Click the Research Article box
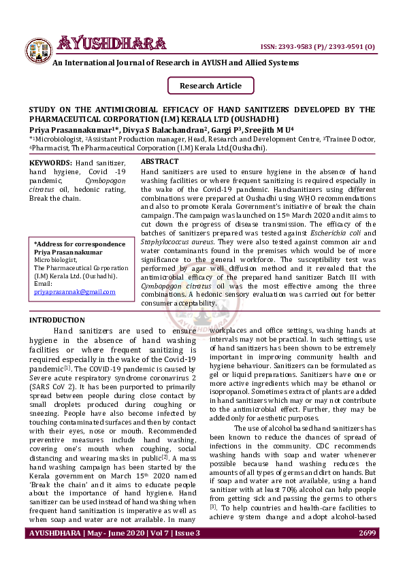(x=210, y=86)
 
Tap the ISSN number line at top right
(x=318, y=46)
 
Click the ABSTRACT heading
(x=159, y=162)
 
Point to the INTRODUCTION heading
(x=56, y=320)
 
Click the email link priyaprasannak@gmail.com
(x=74, y=291)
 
